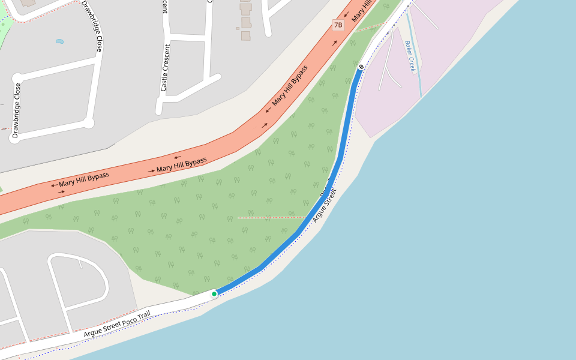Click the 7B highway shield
point(338,25)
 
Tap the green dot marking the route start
point(214,294)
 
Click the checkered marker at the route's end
point(361,67)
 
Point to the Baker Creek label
point(410,56)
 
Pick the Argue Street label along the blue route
point(325,205)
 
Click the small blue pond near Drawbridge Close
point(59,41)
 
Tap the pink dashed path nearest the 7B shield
point(371,26)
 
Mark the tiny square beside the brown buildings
point(238,28)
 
